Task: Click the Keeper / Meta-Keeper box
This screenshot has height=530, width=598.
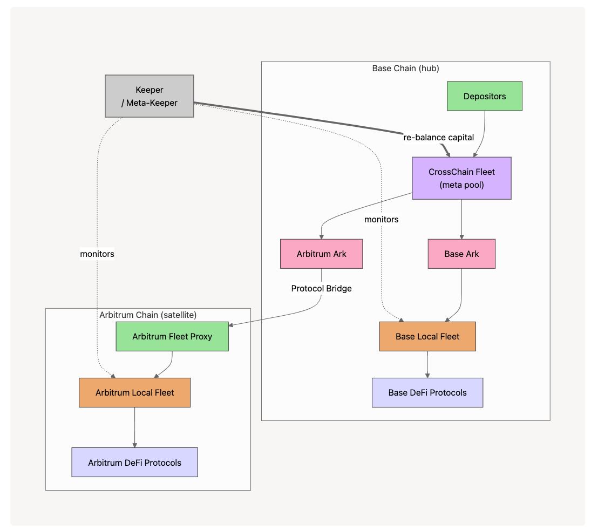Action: click(149, 97)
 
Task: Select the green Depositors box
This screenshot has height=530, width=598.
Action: click(485, 97)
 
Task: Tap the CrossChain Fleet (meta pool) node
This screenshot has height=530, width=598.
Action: click(461, 178)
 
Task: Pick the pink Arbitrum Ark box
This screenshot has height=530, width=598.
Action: click(321, 254)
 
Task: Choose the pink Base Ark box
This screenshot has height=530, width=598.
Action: click(461, 254)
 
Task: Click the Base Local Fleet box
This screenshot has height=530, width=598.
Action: click(427, 336)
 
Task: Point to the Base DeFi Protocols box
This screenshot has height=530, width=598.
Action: click(427, 392)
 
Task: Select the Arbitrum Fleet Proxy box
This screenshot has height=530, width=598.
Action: click(172, 336)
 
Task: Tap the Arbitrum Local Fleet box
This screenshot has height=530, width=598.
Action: click(134, 392)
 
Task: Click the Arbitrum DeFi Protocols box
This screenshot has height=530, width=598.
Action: click(134, 463)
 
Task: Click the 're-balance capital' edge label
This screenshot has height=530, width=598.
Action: click(438, 137)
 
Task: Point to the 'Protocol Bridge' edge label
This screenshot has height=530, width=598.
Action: click(321, 289)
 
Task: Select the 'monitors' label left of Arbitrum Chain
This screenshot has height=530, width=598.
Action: click(97, 254)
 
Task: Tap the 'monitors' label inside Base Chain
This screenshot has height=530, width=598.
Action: click(382, 219)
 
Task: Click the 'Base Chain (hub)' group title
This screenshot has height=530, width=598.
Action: click(406, 69)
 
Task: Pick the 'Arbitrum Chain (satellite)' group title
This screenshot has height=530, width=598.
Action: click(148, 315)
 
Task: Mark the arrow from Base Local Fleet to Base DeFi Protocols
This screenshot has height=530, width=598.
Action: click(427, 364)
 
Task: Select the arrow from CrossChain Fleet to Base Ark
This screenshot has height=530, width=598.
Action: click(461, 219)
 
